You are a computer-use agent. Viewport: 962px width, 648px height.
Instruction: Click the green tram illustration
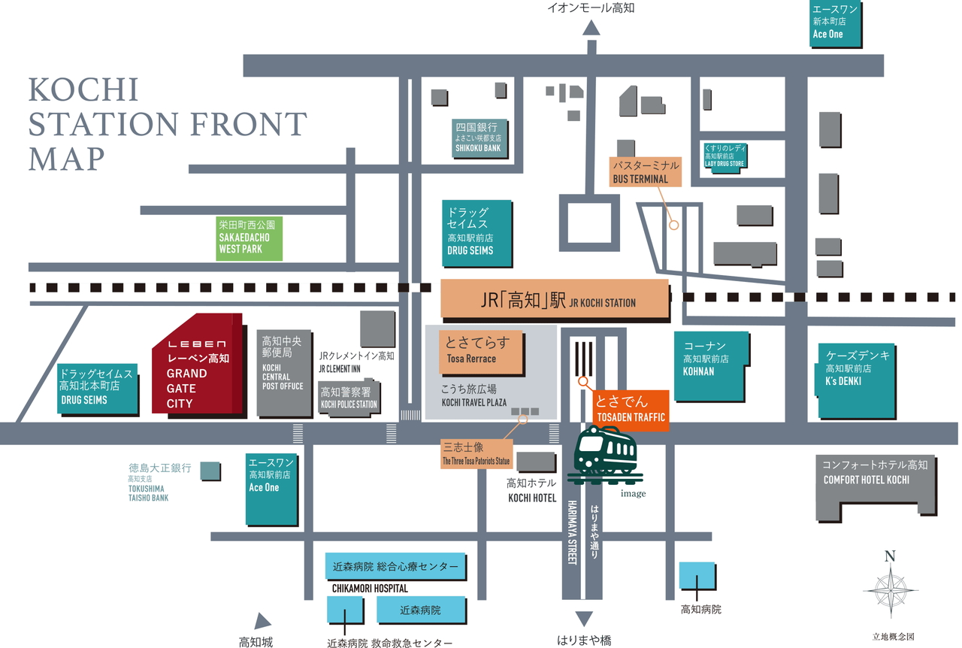[606, 455]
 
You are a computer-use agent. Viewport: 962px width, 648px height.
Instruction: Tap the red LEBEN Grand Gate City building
[198, 365]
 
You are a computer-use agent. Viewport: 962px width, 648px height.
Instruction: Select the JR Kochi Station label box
[555, 299]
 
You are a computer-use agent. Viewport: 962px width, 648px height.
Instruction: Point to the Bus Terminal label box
[645, 172]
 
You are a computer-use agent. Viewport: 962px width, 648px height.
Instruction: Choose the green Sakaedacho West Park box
[249, 238]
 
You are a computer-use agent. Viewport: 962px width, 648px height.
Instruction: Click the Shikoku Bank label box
[479, 138]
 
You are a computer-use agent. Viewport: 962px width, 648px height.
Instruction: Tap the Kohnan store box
[711, 366]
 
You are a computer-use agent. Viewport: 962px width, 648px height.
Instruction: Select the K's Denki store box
[855, 380]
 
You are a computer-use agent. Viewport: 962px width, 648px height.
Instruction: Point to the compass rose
[891, 592]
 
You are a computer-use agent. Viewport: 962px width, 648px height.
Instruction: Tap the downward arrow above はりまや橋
[584, 619]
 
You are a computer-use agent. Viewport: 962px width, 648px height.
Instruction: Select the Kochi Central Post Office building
[284, 373]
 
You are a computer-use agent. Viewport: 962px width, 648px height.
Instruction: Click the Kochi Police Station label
[349, 398]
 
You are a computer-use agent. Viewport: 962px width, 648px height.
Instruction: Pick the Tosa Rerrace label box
[480, 352]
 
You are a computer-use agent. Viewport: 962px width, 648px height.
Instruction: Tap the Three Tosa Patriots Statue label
[476, 454]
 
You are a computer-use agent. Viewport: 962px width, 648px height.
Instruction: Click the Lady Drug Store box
[725, 156]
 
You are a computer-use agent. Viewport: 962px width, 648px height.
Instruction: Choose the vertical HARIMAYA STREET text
[572, 532]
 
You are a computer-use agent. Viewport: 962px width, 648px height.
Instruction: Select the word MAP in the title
[67, 158]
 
